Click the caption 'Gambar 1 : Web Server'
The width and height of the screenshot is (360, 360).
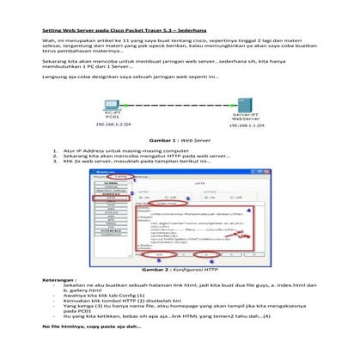180,138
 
